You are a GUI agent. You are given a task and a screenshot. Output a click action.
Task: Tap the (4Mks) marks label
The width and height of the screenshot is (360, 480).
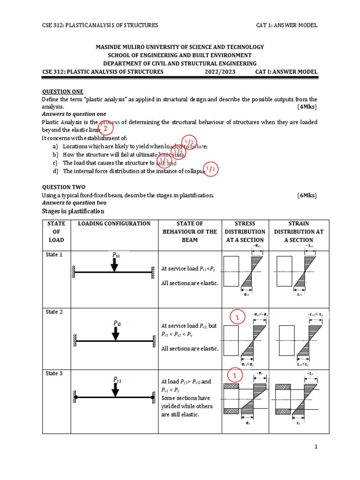click(x=307, y=106)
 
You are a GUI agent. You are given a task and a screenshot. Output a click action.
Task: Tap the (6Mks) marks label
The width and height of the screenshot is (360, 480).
click(x=307, y=195)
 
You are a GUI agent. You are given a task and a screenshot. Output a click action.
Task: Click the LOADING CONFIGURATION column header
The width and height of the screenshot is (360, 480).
click(x=114, y=224)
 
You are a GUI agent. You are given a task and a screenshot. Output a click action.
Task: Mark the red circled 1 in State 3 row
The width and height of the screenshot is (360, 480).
click(x=236, y=376)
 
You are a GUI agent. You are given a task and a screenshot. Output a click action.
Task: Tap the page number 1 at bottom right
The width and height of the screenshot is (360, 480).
click(x=316, y=448)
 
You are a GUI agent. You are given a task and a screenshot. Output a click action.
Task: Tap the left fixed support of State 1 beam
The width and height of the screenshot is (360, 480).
click(x=74, y=271)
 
